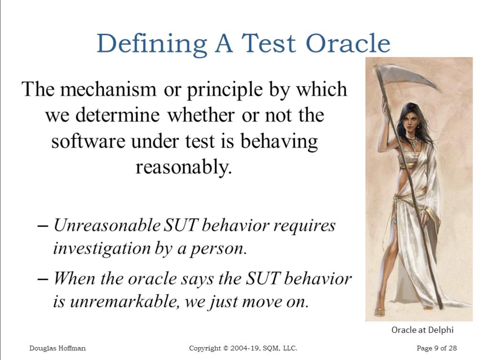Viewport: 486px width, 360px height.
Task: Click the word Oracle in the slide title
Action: click(x=347, y=43)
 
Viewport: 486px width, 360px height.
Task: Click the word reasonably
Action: click(x=183, y=167)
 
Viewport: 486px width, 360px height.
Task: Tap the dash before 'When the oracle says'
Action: click(x=43, y=278)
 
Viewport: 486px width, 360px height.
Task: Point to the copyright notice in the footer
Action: click(x=243, y=349)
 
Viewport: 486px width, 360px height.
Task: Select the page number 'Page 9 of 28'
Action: click(x=436, y=349)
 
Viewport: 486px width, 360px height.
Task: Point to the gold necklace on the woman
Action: click(x=412, y=140)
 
